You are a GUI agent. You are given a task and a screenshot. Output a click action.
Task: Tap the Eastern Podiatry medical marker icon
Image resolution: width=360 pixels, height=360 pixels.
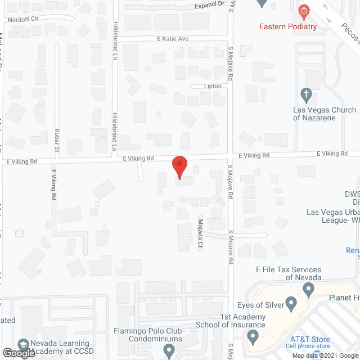304,11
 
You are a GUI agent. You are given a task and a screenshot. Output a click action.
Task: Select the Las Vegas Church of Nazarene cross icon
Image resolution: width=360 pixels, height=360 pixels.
306,93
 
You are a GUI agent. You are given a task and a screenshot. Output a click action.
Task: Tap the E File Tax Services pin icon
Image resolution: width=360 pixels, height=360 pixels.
308,290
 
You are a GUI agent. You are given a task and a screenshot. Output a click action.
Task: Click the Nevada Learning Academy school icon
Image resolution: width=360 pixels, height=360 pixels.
23,344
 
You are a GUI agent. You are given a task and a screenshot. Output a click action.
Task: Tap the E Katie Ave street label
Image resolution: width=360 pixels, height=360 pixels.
173,38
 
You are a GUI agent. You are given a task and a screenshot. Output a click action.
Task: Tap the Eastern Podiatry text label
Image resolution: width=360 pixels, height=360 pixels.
288,26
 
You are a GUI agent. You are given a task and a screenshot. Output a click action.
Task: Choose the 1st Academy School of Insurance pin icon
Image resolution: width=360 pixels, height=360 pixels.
253,337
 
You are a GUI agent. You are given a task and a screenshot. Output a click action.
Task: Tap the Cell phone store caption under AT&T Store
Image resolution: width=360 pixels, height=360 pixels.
308,346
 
